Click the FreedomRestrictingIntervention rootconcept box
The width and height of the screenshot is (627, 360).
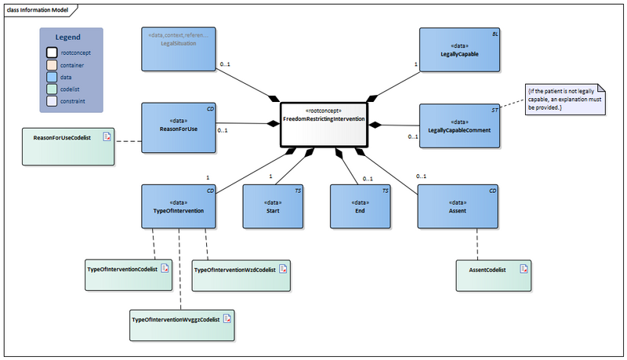(x=322, y=124)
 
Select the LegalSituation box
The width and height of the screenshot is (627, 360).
(x=178, y=49)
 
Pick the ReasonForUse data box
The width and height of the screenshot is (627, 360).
(x=179, y=125)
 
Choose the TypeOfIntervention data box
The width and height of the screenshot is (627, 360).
(x=179, y=206)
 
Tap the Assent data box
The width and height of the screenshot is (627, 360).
(x=458, y=206)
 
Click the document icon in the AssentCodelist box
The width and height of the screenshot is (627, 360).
(x=522, y=269)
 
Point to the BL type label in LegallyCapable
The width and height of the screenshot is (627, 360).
(x=493, y=35)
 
